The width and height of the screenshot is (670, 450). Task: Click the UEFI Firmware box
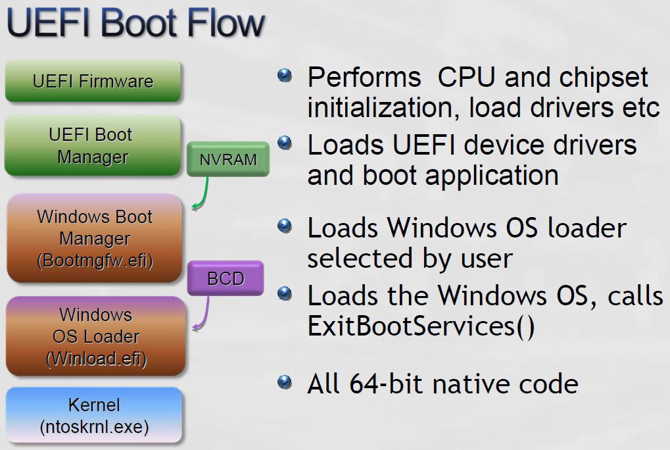click(93, 82)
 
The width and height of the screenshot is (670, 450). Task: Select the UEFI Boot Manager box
click(92, 146)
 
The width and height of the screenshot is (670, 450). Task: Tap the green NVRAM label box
click(227, 159)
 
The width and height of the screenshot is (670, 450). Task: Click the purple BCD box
click(226, 278)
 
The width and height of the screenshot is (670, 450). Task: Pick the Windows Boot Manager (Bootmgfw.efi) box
click(94, 238)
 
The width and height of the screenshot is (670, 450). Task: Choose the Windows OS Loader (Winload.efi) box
click(95, 336)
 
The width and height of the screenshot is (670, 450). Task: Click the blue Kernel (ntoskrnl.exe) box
click(94, 415)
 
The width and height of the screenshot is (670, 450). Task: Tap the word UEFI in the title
click(43, 24)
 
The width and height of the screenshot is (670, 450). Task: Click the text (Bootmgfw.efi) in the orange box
click(95, 261)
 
